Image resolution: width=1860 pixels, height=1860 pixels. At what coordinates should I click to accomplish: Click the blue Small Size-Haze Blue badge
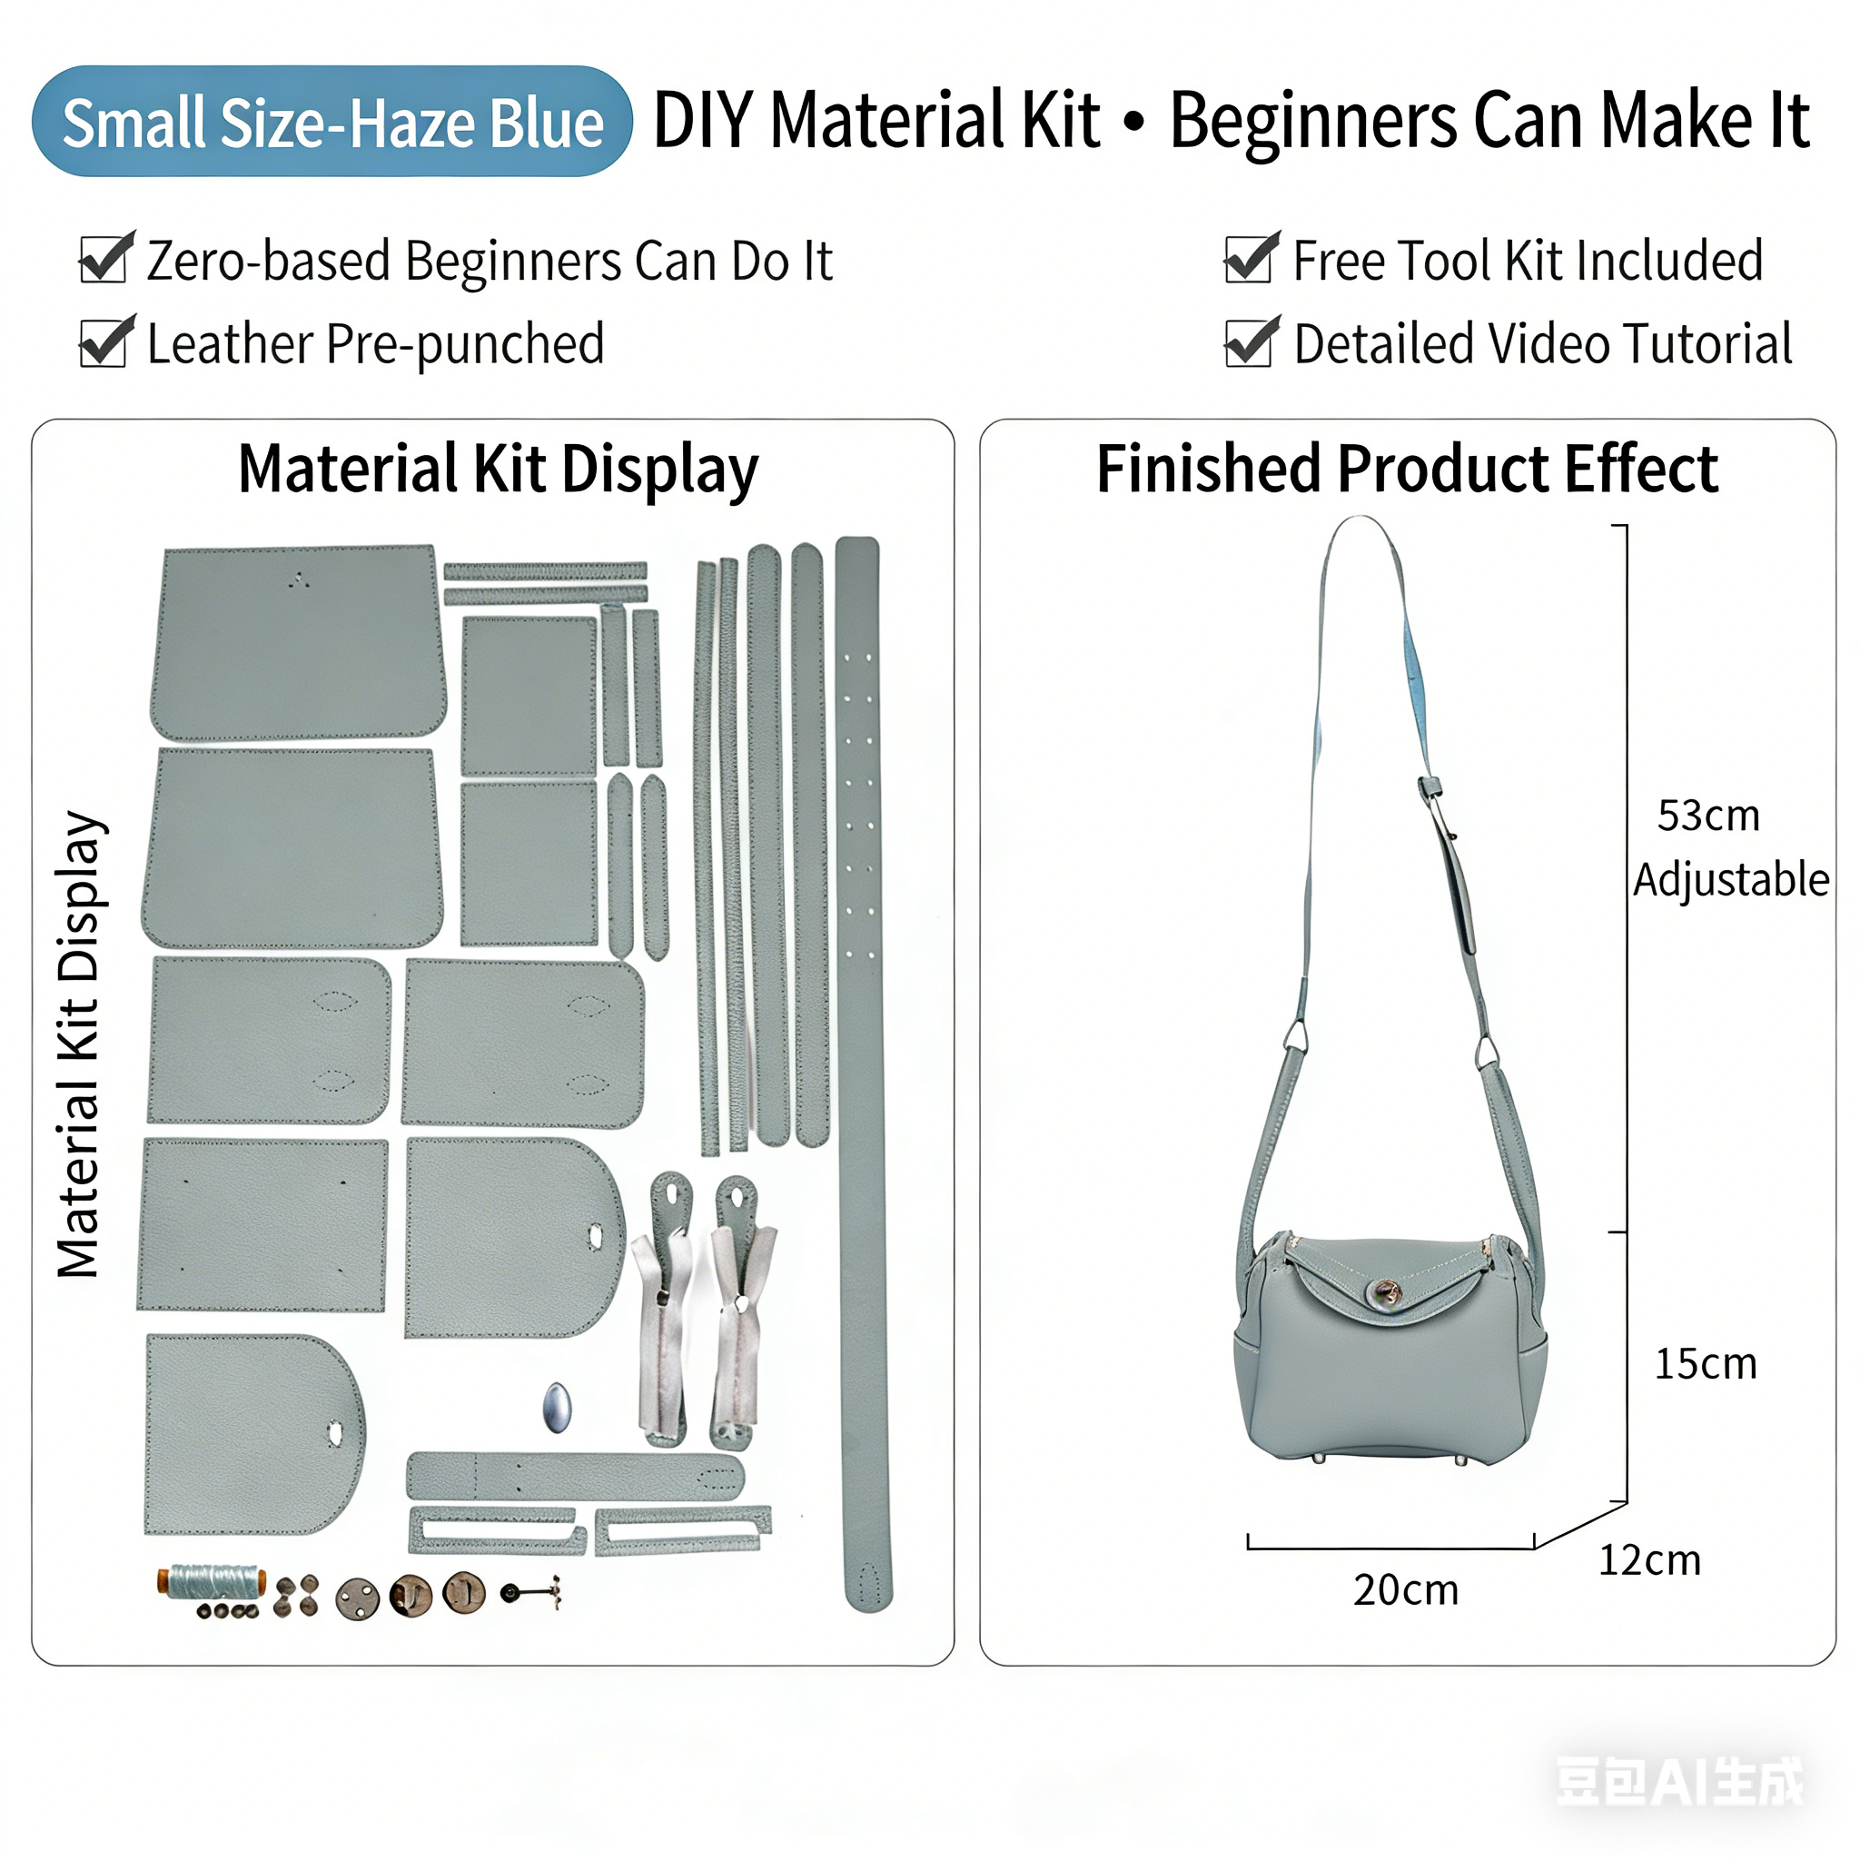(x=331, y=122)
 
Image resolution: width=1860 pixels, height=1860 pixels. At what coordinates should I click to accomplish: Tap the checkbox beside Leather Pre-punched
(x=105, y=341)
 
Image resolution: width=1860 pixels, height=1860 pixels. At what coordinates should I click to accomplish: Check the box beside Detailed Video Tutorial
(x=1251, y=341)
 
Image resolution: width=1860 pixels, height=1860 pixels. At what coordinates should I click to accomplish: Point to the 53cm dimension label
(x=1708, y=816)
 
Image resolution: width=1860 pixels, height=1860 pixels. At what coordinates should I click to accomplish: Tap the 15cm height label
(x=1705, y=1364)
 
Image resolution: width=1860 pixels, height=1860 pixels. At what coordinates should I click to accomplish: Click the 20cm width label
(x=1406, y=1590)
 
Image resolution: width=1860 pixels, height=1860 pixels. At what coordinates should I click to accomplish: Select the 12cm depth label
(x=1649, y=1560)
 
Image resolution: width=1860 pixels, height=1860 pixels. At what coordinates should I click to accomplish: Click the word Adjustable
(x=1731, y=880)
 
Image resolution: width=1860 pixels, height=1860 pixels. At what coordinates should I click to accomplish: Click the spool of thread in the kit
(x=212, y=1582)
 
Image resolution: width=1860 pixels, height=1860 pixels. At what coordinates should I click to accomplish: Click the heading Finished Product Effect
(x=1407, y=469)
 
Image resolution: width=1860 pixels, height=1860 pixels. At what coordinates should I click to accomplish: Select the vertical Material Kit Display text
(x=79, y=1044)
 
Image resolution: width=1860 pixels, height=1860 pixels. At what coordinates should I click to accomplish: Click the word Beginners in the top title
(x=1314, y=121)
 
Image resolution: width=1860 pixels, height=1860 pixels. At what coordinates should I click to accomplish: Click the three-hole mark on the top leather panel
(x=300, y=579)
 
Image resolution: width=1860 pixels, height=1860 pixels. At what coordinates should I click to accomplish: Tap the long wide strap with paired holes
(x=864, y=1073)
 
